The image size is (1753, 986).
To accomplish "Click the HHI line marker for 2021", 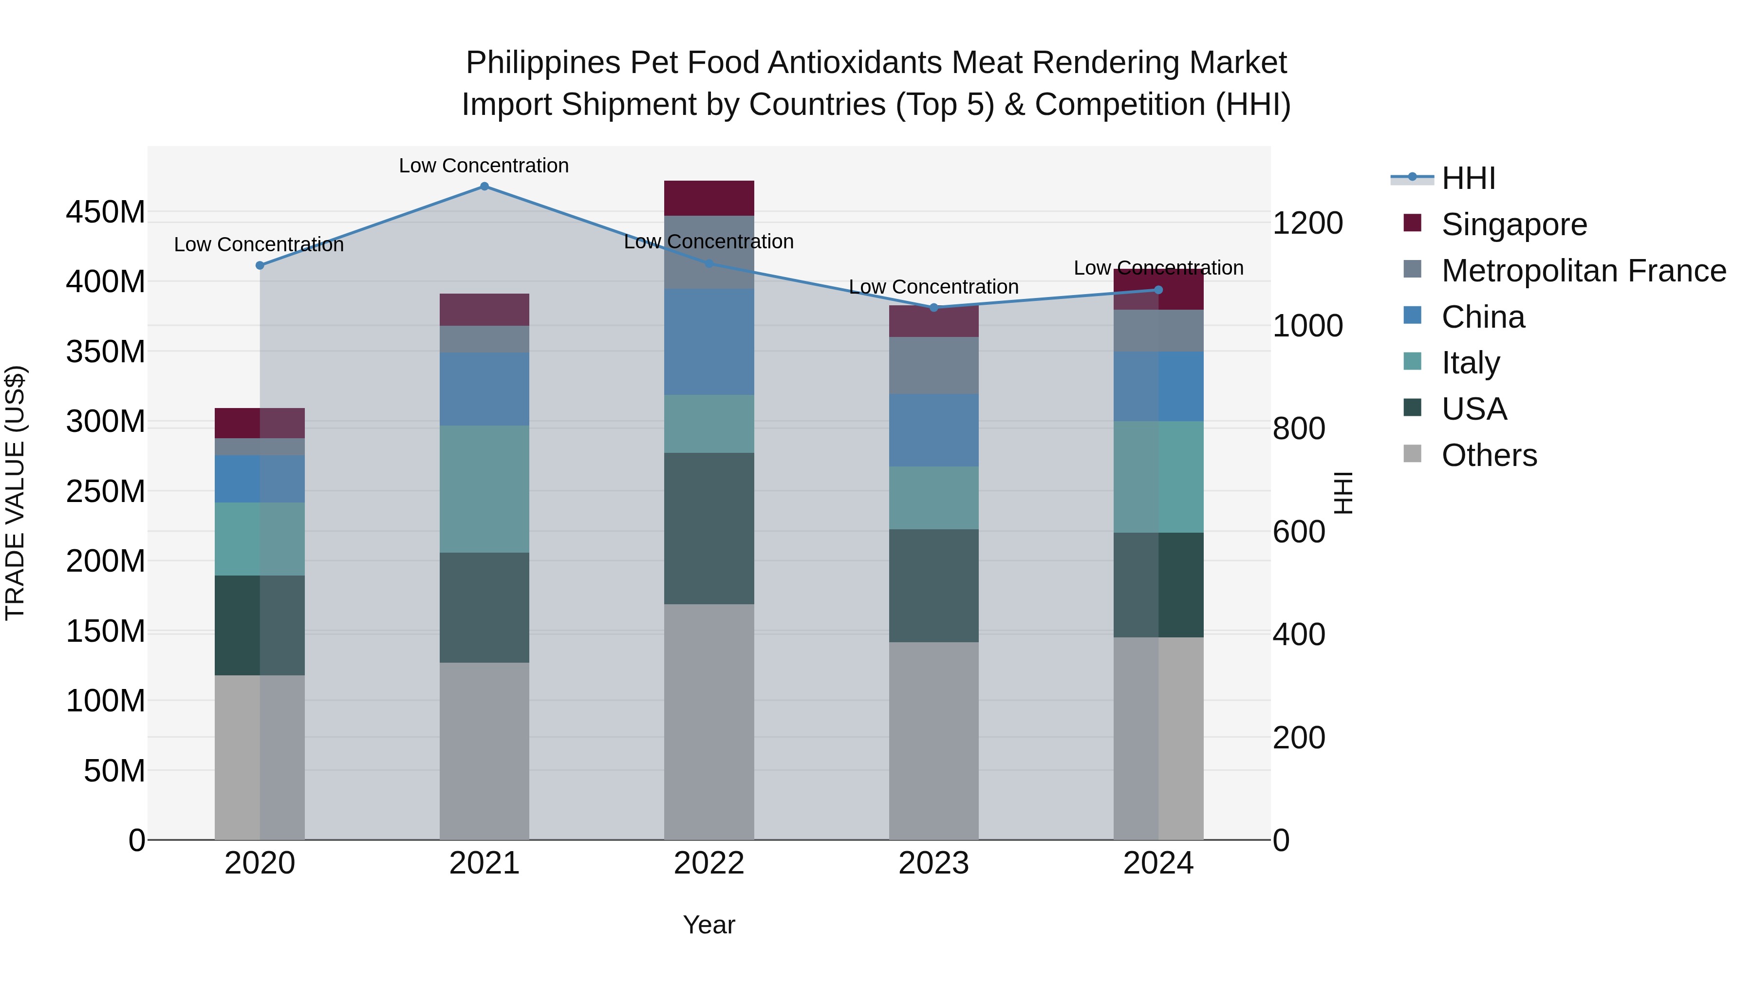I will [x=484, y=186].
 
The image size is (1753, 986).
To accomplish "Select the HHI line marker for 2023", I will [x=933, y=308].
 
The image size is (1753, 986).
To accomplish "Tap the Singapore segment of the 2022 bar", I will [x=709, y=198].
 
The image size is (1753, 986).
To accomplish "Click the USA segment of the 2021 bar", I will [x=484, y=607].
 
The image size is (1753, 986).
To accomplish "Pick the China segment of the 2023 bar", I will [x=933, y=430].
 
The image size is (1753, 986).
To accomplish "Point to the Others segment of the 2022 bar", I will [x=709, y=721].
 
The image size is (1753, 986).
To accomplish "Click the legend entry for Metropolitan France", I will [x=1584, y=271].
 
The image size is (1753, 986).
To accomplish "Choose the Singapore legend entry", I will [x=1513, y=224].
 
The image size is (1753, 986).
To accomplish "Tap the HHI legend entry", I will [x=1468, y=178].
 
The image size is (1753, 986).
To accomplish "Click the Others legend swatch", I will [x=1413, y=454].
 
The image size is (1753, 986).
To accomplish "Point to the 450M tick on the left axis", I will [x=106, y=212].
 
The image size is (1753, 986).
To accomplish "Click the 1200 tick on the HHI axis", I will [x=1307, y=223].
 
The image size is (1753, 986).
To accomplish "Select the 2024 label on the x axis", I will [x=1158, y=863].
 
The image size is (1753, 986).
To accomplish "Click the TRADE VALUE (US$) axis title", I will [x=15, y=493].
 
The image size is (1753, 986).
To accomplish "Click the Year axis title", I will [x=709, y=925].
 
